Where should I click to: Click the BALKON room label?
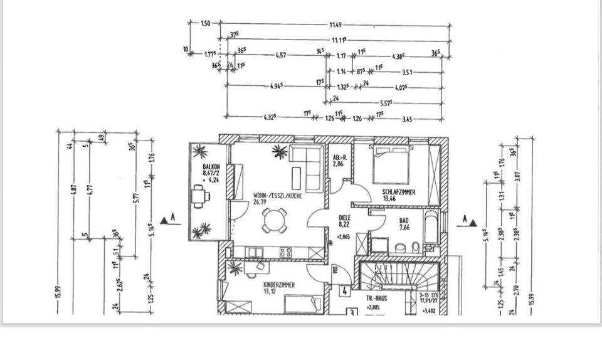211,167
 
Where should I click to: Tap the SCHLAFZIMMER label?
399,193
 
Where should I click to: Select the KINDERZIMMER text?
279,284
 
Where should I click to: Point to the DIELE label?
344,218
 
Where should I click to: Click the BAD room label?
404,221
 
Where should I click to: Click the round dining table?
274,220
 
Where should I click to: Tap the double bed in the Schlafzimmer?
391,165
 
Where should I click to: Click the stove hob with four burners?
285,252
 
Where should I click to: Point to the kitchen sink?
255,252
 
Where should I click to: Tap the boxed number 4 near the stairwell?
344,291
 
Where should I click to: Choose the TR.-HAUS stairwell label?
377,299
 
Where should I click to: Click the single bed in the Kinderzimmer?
304,304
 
